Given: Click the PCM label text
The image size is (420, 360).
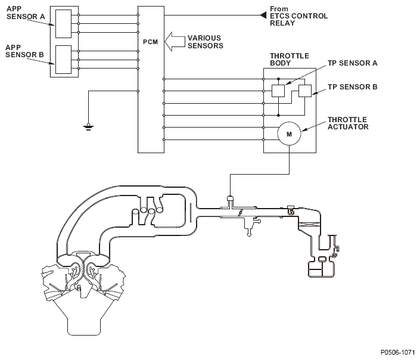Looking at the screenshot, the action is [150, 42].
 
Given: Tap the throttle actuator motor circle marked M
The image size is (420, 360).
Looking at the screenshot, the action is [290, 134].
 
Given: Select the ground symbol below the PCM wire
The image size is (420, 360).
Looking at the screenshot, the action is [88, 126].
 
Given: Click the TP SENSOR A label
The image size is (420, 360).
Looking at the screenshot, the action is [353, 63].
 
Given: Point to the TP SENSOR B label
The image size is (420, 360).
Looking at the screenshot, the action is [353, 87].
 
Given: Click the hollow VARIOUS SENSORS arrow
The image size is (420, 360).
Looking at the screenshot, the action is [175, 42].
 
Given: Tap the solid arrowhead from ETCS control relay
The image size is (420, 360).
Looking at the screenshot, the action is [263, 15].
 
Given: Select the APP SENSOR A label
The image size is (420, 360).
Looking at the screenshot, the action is [26, 13].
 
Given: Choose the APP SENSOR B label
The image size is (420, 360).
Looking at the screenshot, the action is [24, 51].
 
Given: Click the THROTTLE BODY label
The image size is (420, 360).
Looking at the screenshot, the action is [290, 60].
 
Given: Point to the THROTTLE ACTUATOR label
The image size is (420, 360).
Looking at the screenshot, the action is [348, 123].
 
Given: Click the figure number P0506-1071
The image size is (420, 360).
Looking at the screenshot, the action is [398, 352].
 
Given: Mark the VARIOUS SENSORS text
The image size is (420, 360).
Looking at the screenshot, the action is [206, 42].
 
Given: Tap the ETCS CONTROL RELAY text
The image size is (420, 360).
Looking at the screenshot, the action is [298, 20].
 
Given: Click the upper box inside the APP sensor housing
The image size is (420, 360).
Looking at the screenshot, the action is [63, 24].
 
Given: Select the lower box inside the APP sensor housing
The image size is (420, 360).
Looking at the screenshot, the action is [63, 60].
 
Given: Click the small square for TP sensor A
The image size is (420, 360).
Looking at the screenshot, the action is [278, 91].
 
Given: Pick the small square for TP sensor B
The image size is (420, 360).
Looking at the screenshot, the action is [305, 91].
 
